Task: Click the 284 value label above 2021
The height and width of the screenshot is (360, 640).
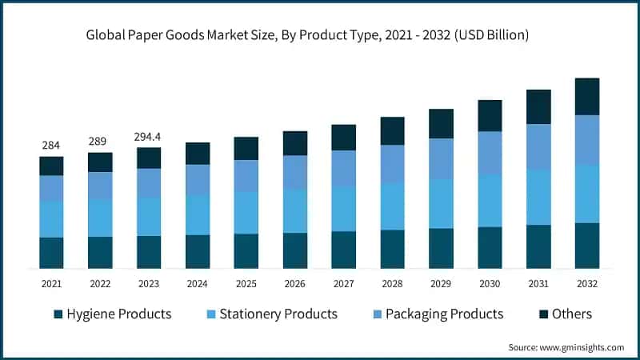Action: pos(51,145)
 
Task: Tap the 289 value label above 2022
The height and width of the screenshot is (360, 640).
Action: pos(100,141)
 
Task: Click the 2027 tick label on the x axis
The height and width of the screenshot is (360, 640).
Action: pos(343,283)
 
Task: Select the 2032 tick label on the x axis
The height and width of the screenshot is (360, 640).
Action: pos(586,283)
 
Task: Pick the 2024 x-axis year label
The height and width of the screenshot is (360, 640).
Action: pos(198,283)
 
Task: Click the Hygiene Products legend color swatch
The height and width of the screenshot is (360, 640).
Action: pos(58,314)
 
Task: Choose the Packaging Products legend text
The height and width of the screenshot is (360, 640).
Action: pos(444,314)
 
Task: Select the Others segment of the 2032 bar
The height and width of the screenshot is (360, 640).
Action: pos(587,97)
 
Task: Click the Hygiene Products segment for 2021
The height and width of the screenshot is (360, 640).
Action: pos(51,252)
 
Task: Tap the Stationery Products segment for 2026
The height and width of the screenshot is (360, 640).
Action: pos(295,211)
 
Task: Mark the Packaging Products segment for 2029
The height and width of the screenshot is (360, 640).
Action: pos(441,158)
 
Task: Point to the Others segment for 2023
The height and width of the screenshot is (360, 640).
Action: pos(149,158)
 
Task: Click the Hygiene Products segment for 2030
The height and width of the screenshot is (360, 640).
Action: pos(490,247)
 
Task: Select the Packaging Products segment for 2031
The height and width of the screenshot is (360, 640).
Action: pos(538,146)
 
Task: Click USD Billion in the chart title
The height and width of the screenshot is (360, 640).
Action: pos(490,35)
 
